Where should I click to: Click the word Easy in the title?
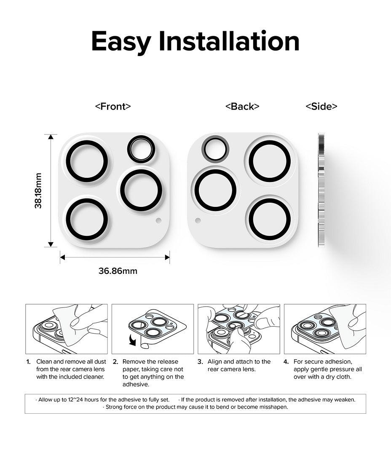(121, 42)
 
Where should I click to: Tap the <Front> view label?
(113, 107)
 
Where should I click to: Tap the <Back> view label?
(242, 107)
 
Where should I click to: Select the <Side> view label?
(321, 107)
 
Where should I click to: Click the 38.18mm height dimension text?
(38, 191)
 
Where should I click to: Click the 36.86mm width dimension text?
(118, 271)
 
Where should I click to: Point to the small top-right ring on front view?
(141, 149)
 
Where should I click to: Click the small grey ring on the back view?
(215, 149)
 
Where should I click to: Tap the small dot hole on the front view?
(158, 220)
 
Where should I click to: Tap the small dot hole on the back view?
(198, 220)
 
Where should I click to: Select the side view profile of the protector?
(321, 190)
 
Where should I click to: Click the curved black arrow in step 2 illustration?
(133, 340)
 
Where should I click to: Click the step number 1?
(28, 362)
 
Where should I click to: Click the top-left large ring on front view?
(87, 161)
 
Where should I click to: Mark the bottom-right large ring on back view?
(270, 219)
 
